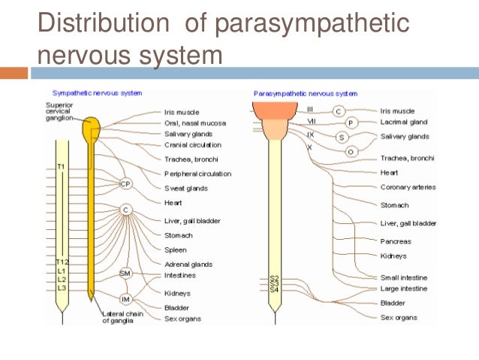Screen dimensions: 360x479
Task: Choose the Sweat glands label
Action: pos(186,189)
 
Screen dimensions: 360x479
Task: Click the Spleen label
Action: pos(176,250)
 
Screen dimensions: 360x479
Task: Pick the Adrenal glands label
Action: pos(188,265)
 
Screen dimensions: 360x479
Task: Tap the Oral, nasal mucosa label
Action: pos(194,123)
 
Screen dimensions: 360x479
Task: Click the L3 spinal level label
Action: pos(62,289)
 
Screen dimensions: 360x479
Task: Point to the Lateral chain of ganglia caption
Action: pos(121,318)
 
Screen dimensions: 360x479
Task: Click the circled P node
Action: pos(350,123)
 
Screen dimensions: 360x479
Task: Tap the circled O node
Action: pos(350,151)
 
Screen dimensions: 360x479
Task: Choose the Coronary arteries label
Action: pos(408,187)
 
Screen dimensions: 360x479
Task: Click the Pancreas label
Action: pos(396,241)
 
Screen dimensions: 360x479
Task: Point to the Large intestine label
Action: pos(404,289)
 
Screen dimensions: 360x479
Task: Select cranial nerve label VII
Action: pos(311,122)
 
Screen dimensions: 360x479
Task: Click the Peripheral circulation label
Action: pos(197,174)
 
